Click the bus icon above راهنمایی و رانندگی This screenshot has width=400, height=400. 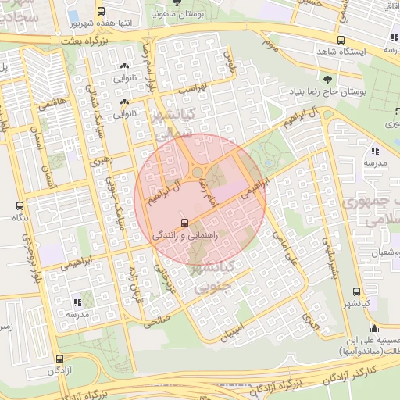tap(184, 221)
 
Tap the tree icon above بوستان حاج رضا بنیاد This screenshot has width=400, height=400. tap(327, 79)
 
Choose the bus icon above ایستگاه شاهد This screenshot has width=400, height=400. tap(340, 40)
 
